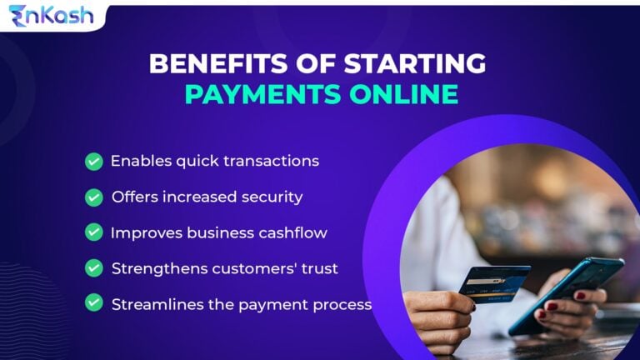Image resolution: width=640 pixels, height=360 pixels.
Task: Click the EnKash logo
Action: coord(52,16)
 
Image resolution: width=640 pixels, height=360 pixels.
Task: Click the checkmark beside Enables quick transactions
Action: coord(94,161)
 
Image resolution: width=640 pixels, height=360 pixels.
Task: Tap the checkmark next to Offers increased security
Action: coord(94,197)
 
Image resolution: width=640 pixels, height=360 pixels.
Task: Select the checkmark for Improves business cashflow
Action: coord(94,232)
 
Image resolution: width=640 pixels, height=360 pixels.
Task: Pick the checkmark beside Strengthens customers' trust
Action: coord(94,268)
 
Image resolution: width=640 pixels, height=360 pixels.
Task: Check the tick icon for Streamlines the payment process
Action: coord(94,303)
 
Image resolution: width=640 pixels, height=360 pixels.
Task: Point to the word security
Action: coord(271,197)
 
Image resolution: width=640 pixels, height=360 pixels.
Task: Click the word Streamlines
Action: coord(151,304)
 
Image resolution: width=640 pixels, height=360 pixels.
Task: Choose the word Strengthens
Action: coord(152,269)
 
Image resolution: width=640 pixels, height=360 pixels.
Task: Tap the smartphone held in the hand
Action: coord(567,292)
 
